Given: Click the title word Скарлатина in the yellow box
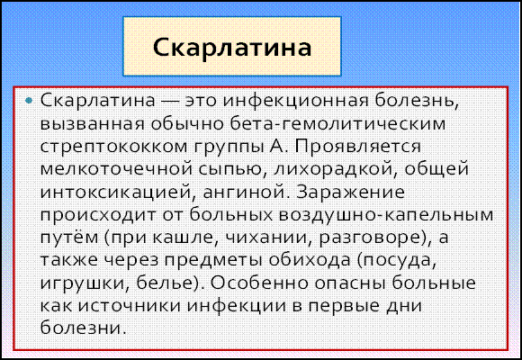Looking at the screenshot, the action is tap(232, 48).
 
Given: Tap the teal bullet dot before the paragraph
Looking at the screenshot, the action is tap(30, 100).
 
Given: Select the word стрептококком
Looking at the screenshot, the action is tap(114, 148).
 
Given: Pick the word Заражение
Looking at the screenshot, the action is tap(351, 193).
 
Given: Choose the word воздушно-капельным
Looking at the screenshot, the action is tap(386, 216).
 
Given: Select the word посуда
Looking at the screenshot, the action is tap(396, 262).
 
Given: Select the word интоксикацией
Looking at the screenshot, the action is tap(117, 193).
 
